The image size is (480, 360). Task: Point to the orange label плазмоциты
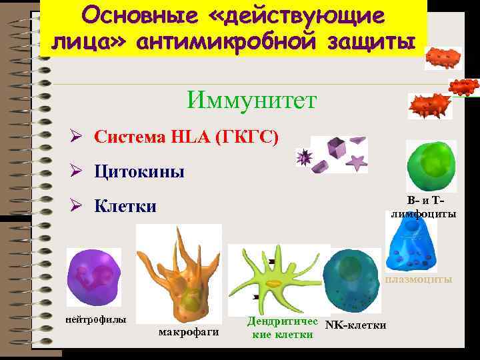pyautogui.click(x=418, y=279)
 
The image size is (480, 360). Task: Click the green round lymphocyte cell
pyautogui.click(x=431, y=167)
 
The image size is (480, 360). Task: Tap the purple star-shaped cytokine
pyautogui.click(x=358, y=161)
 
